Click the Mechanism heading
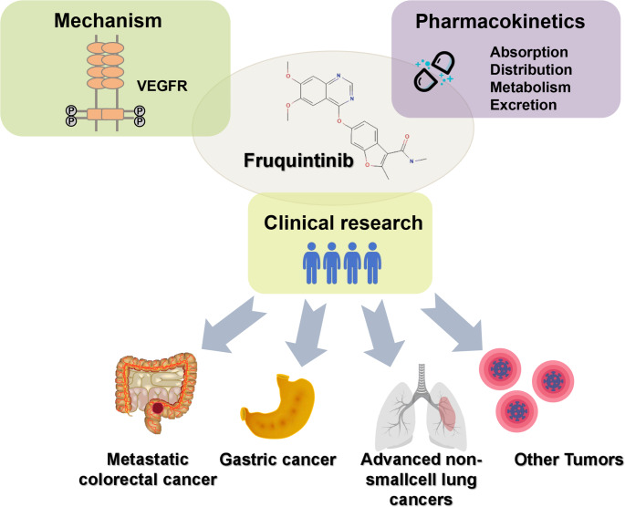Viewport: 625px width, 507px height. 108,21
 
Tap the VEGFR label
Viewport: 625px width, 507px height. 162,86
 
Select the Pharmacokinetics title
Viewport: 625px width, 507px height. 500,21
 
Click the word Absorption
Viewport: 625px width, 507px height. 529,52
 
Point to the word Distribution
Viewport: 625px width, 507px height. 531,69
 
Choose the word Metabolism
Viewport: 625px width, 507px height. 530,88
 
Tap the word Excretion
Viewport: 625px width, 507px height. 524,105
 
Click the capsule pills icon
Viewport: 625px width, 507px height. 434,72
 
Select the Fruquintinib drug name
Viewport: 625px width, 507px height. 298,160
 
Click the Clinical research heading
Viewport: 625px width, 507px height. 343,222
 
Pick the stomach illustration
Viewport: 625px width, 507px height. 277,406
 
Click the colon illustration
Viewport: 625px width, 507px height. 156,392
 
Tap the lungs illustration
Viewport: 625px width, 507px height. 421,408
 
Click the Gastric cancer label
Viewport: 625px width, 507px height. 277,460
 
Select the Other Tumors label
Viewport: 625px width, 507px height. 568,460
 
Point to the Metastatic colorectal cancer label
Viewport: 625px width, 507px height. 148,470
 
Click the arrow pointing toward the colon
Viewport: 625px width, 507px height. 233,325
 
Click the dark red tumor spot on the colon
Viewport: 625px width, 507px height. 158,408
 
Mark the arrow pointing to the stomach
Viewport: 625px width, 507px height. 307,333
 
